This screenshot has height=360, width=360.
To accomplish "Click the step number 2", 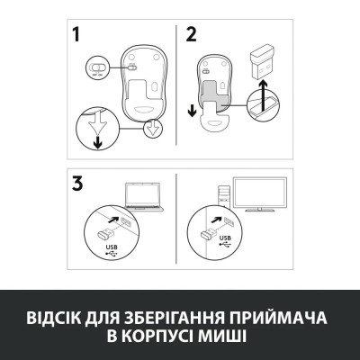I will [x=191, y=36].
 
